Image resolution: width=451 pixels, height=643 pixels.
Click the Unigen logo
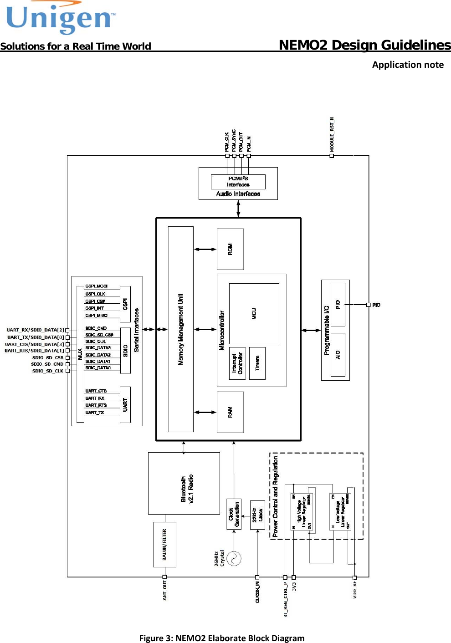tap(60, 18)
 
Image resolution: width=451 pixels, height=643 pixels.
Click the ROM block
tap(230, 249)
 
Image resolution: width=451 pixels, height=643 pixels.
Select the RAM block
tap(230, 412)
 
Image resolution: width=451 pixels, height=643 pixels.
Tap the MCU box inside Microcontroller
tap(254, 313)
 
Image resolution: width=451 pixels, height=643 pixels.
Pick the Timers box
tap(257, 363)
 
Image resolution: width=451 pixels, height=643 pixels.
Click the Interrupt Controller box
tap(237, 363)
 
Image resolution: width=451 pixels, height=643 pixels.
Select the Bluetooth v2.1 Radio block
tap(184, 483)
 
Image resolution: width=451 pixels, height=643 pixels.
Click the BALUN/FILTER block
tap(164, 544)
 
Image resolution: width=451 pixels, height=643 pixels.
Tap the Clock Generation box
tap(234, 514)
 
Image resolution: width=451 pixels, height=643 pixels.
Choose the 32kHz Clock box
tap(257, 514)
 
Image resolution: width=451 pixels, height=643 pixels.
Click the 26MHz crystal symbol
tap(234, 558)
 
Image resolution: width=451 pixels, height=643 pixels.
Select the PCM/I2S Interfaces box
tap(238, 182)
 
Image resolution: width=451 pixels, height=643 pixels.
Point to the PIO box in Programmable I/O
tap(338, 304)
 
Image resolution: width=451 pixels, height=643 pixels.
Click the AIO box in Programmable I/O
tap(338, 354)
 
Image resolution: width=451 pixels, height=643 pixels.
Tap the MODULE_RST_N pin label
tap(332, 135)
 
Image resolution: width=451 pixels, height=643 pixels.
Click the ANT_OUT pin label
tap(164, 591)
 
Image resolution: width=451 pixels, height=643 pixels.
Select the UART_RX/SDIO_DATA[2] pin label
tap(35, 330)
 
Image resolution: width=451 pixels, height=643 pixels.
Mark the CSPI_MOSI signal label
tap(97, 286)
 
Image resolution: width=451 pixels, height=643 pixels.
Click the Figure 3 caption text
tap(222, 638)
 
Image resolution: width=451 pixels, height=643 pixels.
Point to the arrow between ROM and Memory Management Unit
tap(205, 249)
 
